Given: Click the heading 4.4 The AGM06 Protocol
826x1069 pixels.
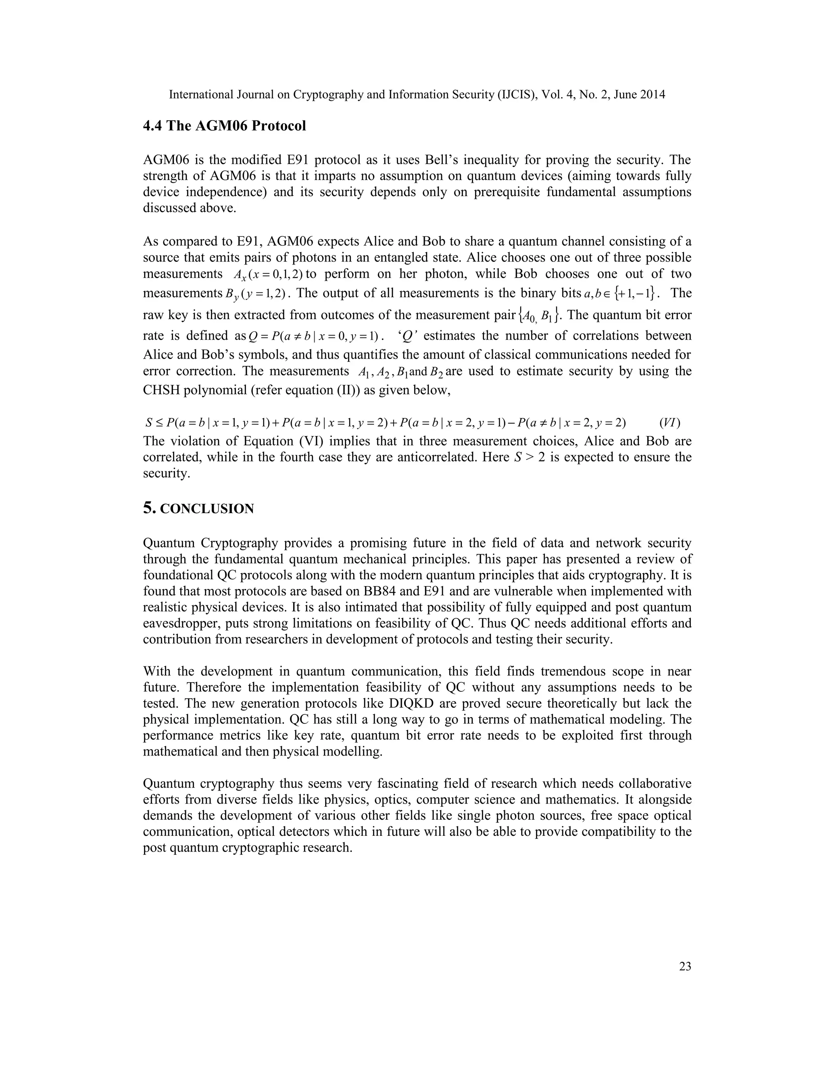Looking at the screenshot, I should point(224,126).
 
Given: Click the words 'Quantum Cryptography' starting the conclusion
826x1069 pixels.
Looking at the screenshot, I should point(211,543).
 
